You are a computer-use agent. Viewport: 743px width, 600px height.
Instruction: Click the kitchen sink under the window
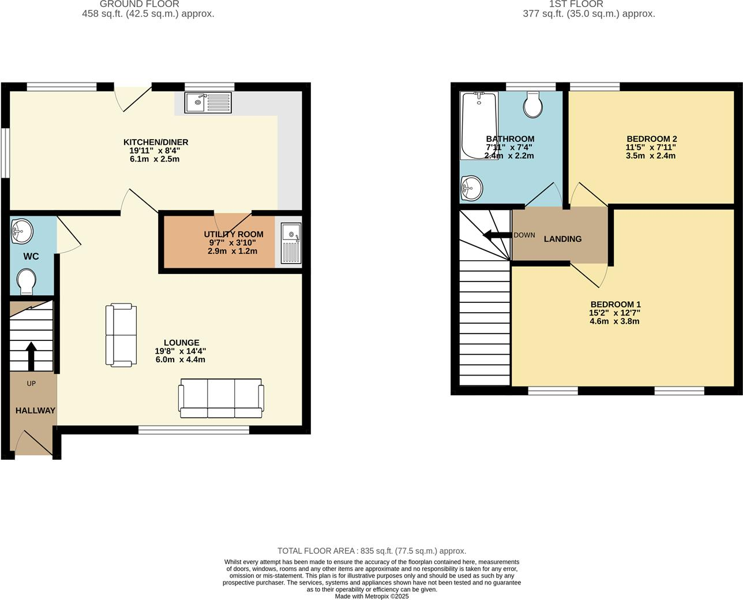pos(208,103)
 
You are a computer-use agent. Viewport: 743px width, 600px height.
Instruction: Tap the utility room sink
pos(291,242)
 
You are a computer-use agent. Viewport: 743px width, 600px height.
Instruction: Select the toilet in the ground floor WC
pos(27,282)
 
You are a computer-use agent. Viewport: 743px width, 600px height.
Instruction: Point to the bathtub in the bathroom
pos(478,125)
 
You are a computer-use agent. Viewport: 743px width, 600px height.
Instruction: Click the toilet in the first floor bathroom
pos(534,104)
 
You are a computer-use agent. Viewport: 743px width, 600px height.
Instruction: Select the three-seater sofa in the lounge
pos(222,398)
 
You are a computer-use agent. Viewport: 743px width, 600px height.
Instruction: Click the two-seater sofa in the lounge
pos(121,335)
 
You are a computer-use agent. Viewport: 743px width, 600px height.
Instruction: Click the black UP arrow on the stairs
pos(31,355)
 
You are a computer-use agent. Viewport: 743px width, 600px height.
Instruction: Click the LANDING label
pos(562,239)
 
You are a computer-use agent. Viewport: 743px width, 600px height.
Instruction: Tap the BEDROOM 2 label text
pos(651,139)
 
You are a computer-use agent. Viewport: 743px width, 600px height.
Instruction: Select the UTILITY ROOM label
pos(234,234)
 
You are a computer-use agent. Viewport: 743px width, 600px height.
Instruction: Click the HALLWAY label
pos(35,411)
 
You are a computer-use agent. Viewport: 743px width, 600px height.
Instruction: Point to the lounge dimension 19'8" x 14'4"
pos(181,351)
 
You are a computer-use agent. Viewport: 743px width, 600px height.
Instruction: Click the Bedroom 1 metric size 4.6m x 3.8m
pos(614,321)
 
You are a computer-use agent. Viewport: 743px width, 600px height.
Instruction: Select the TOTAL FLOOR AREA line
pos(371,551)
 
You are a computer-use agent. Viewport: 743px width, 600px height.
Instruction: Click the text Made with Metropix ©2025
pos(371,597)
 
